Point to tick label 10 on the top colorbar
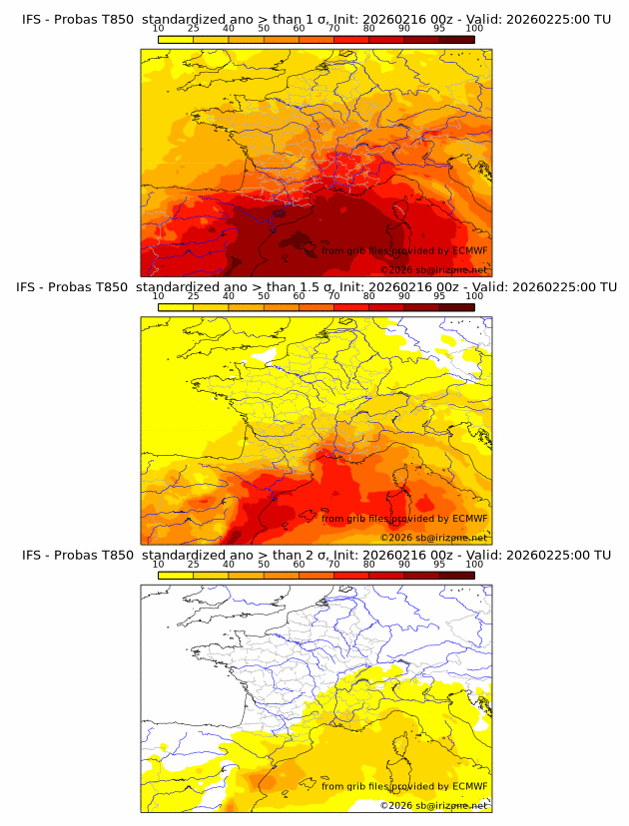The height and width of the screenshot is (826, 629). click(x=158, y=28)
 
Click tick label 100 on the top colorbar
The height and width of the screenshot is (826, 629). click(x=474, y=28)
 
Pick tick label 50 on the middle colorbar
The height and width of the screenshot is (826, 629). click(x=264, y=296)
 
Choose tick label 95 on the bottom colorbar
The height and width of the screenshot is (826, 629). click(x=439, y=564)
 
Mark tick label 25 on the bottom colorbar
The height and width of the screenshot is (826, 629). click(x=193, y=564)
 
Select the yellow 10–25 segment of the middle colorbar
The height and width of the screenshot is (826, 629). click(x=176, y=306)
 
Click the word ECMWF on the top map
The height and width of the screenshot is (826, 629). click(x=469, y=251)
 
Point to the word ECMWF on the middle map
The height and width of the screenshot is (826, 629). click(x=469, y=519)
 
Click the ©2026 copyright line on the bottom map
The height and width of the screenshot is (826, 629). click(x=433, y=805)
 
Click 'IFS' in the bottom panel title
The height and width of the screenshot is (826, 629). click(x=33, y=555)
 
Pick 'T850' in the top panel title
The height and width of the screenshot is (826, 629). click(x=116, y=19)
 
